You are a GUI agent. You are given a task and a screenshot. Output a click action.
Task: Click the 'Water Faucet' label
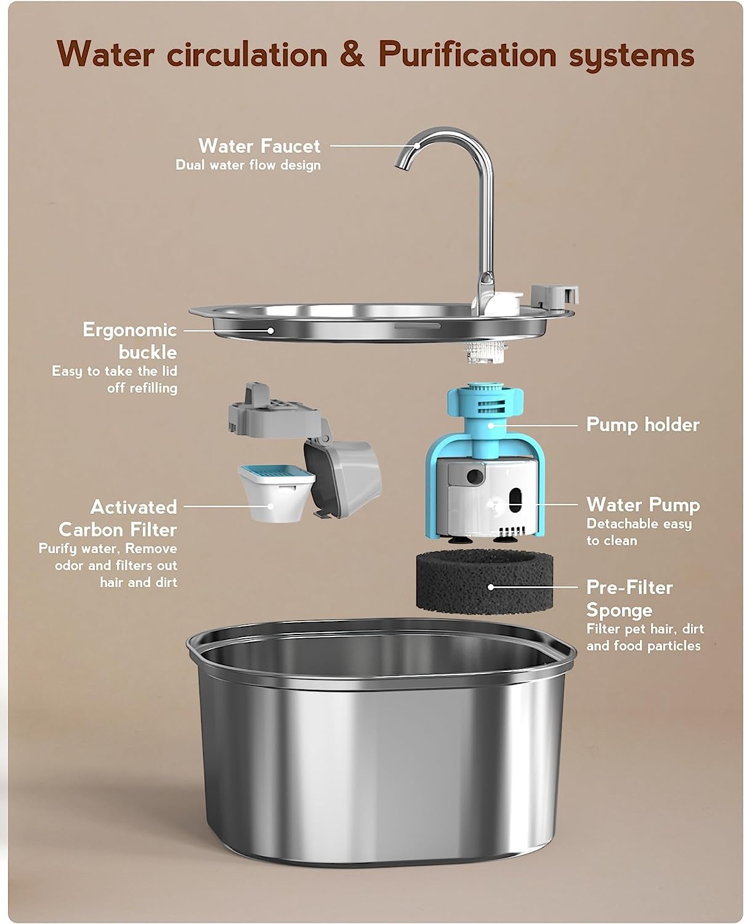click(259, 146)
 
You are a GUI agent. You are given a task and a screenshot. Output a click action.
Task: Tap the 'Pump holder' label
click(642, 424)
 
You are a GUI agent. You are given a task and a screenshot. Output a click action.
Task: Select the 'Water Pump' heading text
click(643, 505)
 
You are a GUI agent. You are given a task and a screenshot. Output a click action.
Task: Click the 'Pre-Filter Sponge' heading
click(629, 598)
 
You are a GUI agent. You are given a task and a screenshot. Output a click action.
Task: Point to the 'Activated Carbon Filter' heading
click(118, 518)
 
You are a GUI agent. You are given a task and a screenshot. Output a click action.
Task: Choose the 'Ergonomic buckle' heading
click(130, 341)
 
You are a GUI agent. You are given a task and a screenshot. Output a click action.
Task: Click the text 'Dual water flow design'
click(248, 165)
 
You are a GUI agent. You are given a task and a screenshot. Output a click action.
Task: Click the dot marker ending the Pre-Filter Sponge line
click(491, 587)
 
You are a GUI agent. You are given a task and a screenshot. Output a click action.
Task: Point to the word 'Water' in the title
click(105, 54)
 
